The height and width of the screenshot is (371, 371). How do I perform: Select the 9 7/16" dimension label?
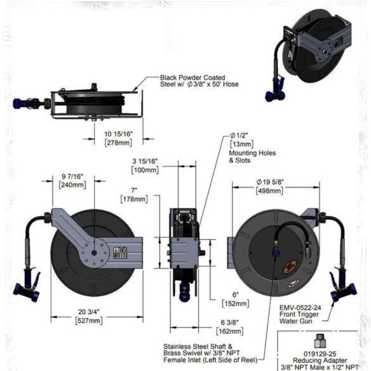71,177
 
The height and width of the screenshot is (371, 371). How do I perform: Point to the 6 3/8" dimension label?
229,323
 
